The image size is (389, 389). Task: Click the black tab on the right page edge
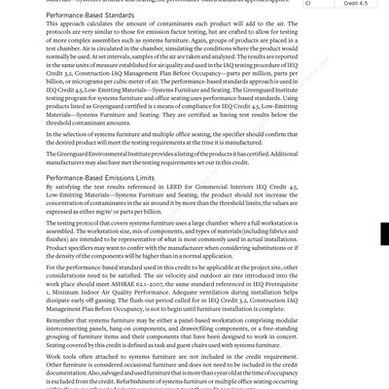[385, 233]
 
